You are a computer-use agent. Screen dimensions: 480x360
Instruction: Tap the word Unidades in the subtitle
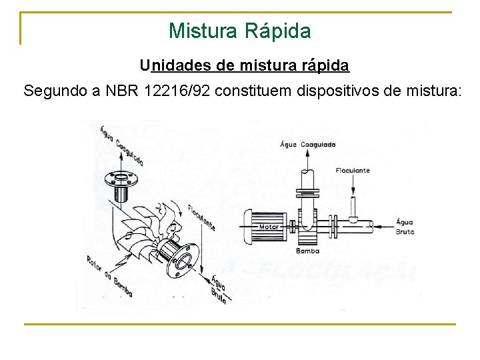[175, 65]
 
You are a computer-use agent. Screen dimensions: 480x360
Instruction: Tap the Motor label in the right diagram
[269, 227]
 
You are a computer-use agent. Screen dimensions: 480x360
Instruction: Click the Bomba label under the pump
[308, 251]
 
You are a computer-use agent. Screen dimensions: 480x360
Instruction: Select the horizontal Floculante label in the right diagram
[353, 171]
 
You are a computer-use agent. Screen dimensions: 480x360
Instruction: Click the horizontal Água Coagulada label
[308, 144]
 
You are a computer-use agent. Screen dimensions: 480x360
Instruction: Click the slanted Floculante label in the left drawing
[201, 216]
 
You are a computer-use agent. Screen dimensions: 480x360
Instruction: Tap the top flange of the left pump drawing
[121, 180]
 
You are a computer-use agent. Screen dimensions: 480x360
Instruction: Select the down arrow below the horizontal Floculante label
[353, 189]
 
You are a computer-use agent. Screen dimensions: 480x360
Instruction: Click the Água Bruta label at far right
[405, 227]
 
